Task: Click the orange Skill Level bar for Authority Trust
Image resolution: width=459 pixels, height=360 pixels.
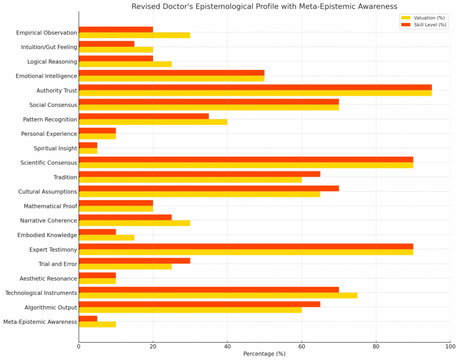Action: [255, 87]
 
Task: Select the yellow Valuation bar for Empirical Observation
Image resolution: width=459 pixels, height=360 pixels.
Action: [134, 35]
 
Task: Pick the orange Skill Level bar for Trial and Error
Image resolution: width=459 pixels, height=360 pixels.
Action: [134, 261]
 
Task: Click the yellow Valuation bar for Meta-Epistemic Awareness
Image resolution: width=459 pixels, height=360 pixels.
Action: [97, 324]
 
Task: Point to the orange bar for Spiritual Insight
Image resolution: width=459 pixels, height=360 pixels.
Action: [88, 145]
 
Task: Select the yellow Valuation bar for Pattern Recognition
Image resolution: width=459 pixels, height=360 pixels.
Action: [153, 122]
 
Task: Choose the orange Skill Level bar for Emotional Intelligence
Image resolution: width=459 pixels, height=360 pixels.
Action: [172, 73]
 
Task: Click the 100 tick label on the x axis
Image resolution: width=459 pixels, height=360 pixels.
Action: [450, 346]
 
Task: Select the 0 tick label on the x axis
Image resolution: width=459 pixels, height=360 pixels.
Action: [79, 346]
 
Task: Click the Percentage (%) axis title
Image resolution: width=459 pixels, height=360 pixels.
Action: [264, 354]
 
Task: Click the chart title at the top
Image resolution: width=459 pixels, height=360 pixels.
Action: [264, 6]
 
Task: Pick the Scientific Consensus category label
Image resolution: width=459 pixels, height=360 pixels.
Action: [49, 163]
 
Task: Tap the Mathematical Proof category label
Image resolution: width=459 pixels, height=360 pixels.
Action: [50, 206]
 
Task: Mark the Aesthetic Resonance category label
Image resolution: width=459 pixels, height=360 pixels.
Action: [48, 278]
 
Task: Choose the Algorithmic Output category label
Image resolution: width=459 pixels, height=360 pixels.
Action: [50, 307]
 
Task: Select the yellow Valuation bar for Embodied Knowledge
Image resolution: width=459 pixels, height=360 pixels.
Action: [106, 237]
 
